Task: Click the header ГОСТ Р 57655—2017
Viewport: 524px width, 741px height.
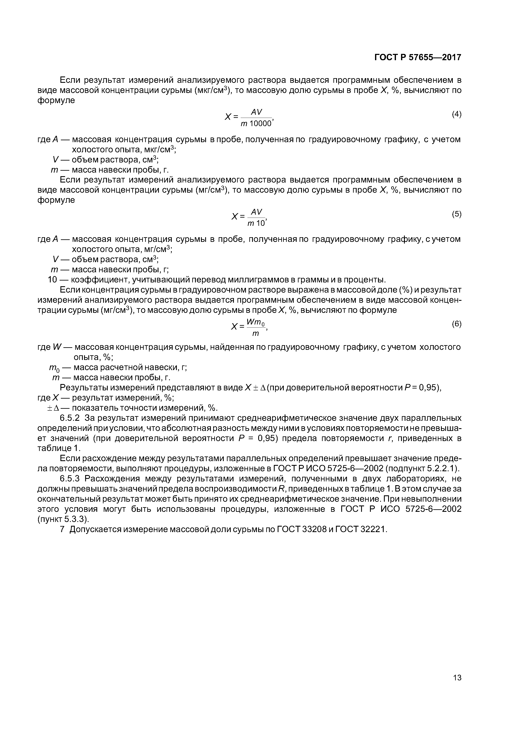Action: point(418,57)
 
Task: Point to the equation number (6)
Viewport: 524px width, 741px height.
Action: point(456,324)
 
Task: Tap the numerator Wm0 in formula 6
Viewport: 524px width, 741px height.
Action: point(256,322)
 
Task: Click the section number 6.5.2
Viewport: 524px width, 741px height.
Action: point(70,418)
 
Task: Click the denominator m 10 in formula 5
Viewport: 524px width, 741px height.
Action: point(256,223)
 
